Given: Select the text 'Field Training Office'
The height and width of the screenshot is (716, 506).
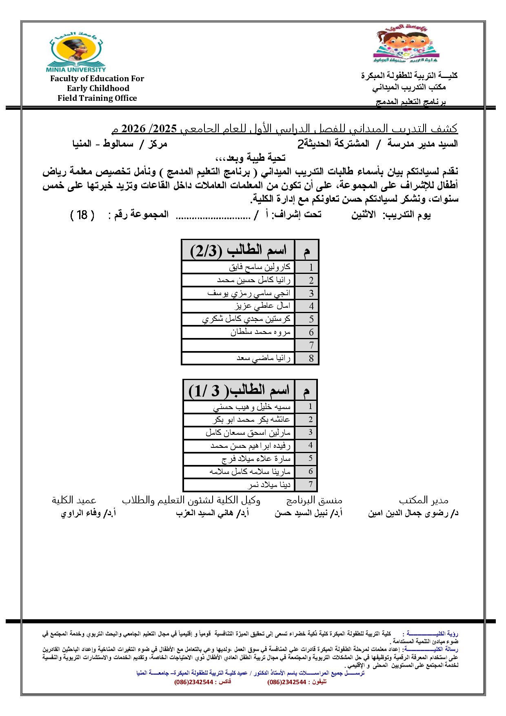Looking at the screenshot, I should pos(97,98).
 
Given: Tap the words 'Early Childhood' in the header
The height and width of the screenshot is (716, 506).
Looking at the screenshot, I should pos(98,88).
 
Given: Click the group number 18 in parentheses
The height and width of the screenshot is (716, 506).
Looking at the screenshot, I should pos(82,215).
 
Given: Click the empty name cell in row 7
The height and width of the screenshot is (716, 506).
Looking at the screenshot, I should pos(238,345).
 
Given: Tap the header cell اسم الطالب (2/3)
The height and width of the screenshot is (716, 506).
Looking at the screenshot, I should pos(239,250).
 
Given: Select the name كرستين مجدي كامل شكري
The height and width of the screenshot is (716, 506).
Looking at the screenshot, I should pos(246,319).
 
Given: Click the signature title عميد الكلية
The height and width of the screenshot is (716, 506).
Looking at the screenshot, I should pos(74,500).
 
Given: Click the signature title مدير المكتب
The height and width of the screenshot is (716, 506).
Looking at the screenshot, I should pos(424,500).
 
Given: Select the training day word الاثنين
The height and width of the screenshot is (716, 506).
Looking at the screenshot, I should pos(363,215).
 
